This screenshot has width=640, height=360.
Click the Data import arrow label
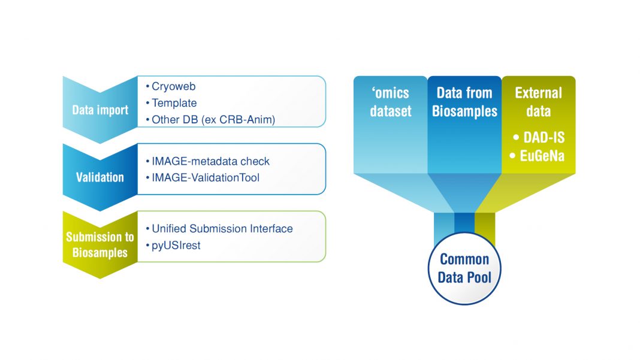click(100, 110)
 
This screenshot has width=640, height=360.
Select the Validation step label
click(100, 177)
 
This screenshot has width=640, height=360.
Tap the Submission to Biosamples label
click(100, 244)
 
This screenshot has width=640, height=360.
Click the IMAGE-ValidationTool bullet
click(206, 177)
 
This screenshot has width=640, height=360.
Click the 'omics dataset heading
click(390, 102)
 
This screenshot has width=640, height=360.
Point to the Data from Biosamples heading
click(464, 102)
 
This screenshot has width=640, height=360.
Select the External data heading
click(538, 102)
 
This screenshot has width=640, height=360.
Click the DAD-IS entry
click(539, 138)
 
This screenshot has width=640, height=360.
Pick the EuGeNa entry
click(539, 156)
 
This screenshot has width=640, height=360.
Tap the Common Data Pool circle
click(464, 268)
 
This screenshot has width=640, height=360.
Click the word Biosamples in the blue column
click(464, 111)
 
